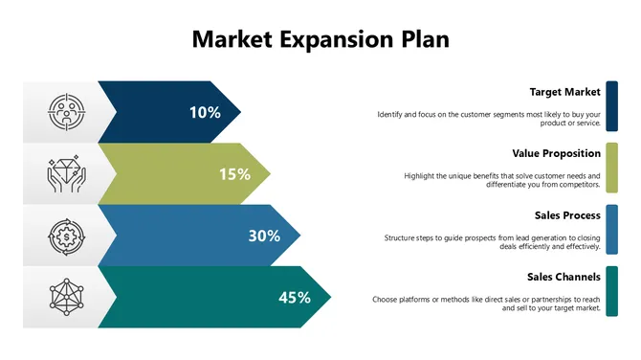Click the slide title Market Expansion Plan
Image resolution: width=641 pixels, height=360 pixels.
pos(320,39)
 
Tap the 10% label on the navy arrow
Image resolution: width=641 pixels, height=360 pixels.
pos(205,112)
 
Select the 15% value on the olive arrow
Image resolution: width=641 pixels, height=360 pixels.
pos(234,173)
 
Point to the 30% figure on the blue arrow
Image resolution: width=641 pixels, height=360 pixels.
pos(264,236)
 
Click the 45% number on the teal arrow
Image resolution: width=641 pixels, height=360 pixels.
pos(295,297)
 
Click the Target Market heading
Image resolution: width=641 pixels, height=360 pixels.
pos(564,92)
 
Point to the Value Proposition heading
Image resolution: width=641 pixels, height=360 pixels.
pos(556,153)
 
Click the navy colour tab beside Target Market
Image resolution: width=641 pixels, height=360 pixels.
pos(611,105)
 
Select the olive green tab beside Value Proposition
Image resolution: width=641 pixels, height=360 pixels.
pos(611,167)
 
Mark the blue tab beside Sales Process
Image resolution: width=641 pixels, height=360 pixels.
pos(611,229)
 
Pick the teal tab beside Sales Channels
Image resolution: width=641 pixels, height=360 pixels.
pos(611,291)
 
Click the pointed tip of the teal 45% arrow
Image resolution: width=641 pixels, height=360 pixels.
pos(328,297)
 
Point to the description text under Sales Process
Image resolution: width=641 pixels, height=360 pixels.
pos(492,242)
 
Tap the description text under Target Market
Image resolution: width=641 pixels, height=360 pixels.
pos(489,119)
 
